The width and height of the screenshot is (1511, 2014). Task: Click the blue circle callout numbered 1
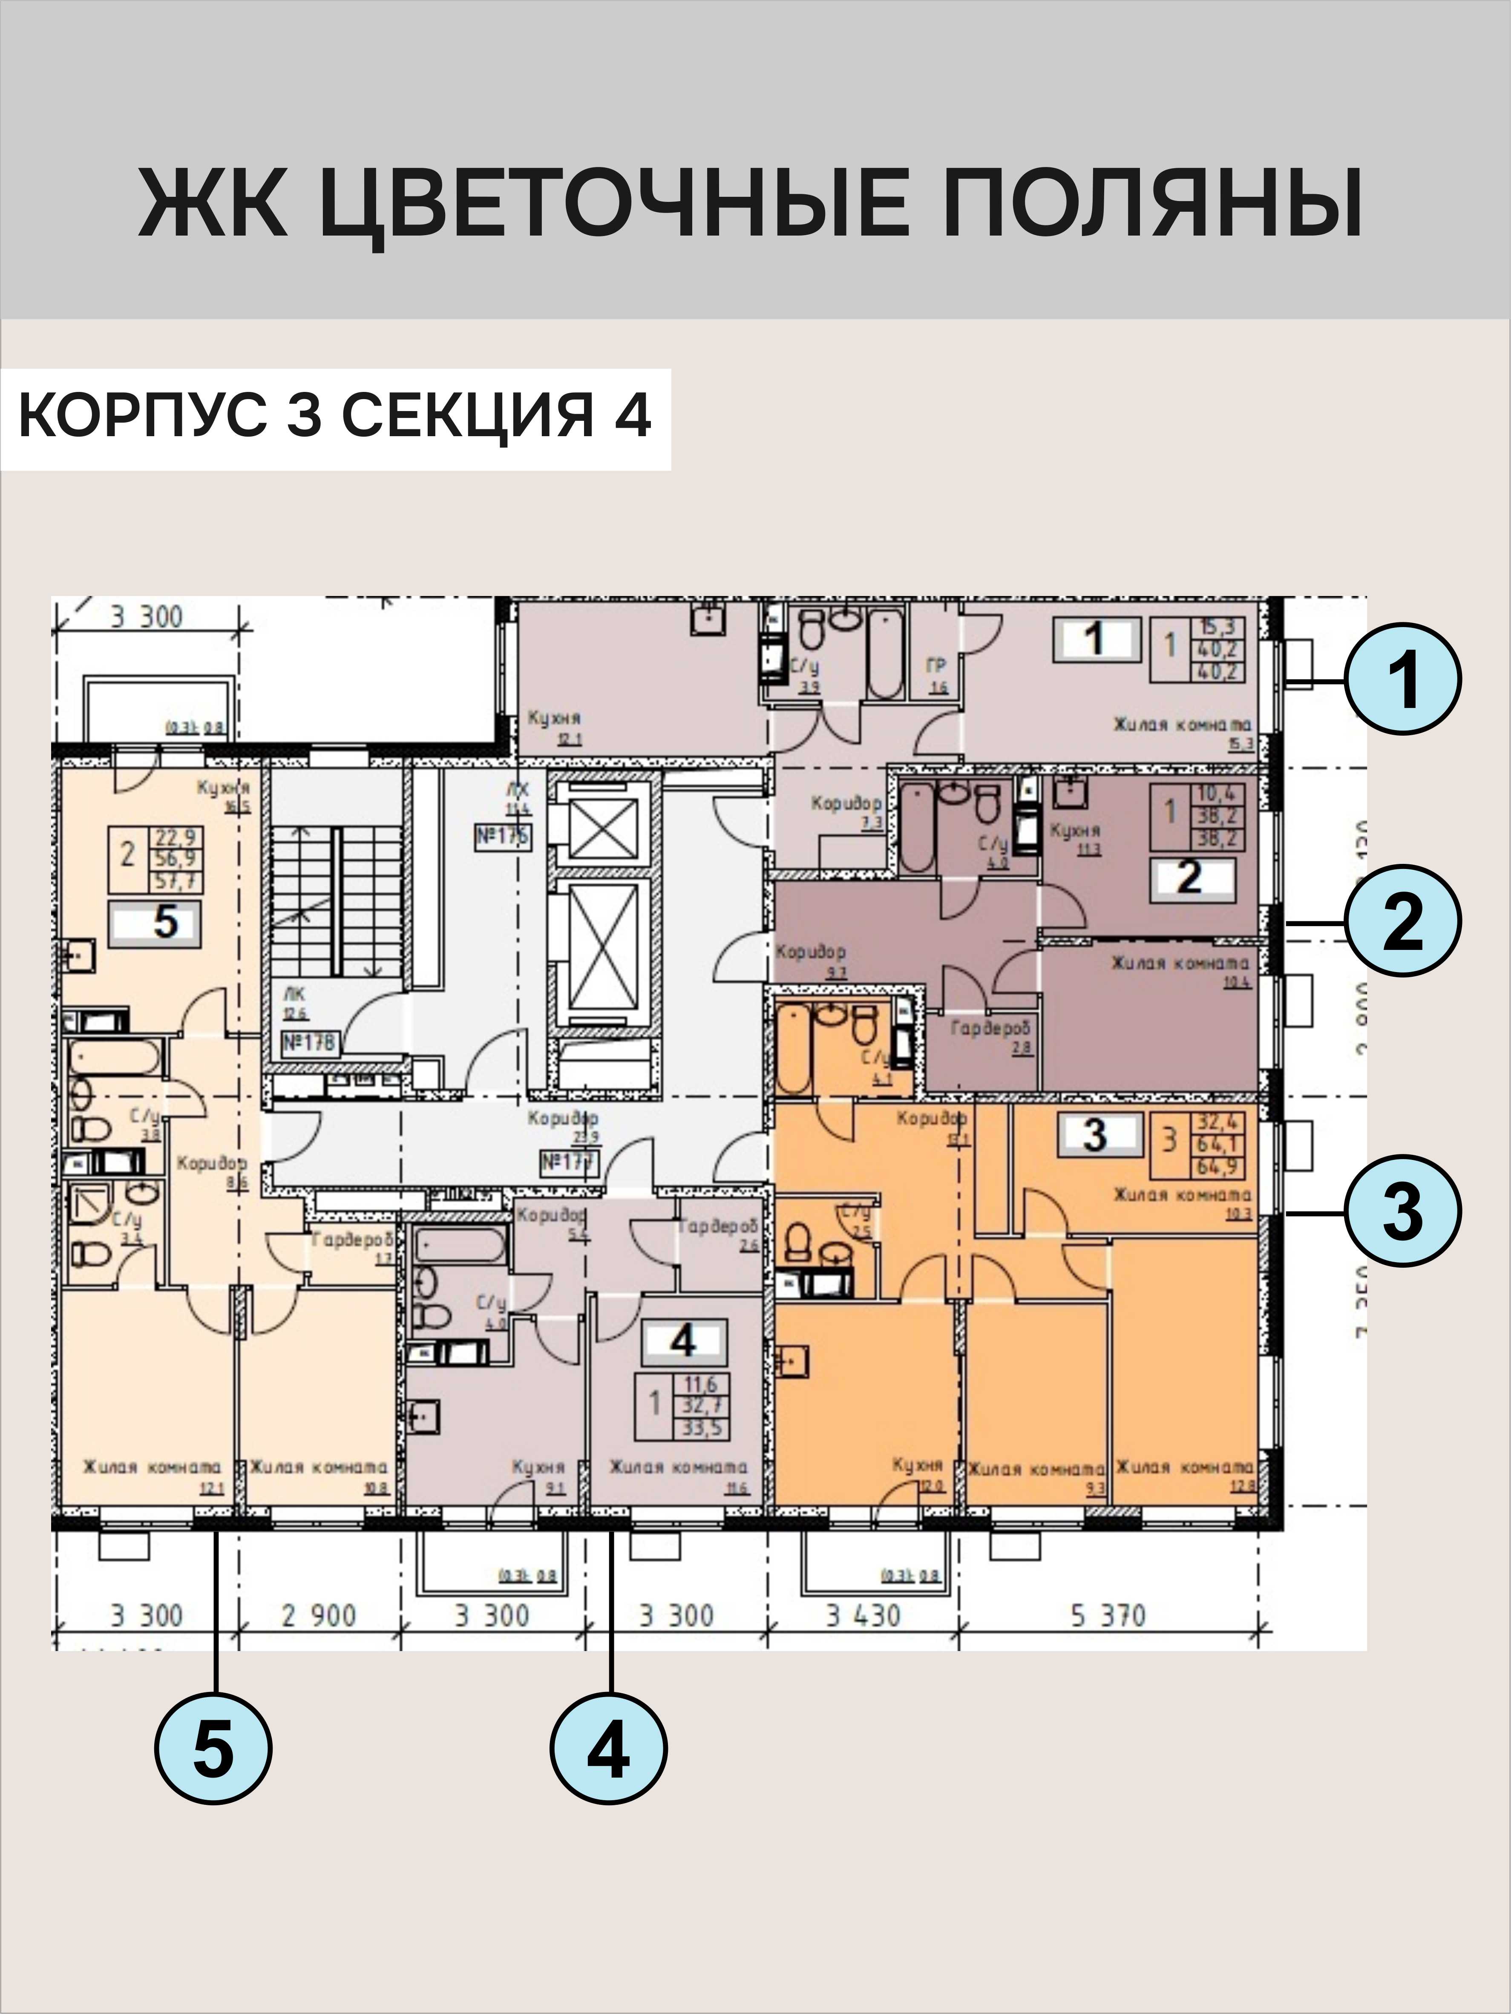click(1403, 679)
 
